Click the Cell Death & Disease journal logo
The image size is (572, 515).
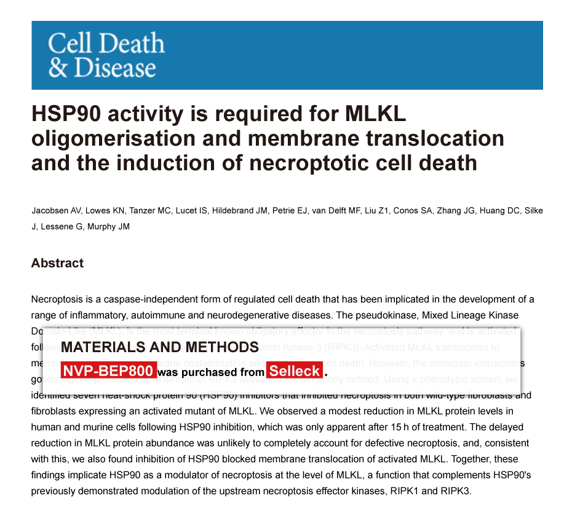tap(106, 55)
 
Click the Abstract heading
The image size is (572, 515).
tap(57, 263)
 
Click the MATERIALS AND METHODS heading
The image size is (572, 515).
tap(159, 347)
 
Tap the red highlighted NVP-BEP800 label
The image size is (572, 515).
tap(108, 371)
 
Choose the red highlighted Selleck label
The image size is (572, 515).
tap(295, 371)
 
